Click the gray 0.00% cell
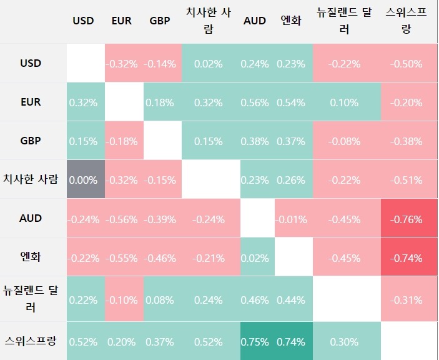83,180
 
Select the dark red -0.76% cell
406,219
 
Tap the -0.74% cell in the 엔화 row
406,258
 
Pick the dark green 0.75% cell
255,341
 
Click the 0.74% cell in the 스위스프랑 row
291,341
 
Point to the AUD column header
255,21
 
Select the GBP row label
31,141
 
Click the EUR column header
121,21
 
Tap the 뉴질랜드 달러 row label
31,299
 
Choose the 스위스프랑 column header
406,21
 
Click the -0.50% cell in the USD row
406,63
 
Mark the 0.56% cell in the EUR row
255,102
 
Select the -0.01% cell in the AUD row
291,219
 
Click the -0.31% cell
406,300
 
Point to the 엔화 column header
291,21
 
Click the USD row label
31,63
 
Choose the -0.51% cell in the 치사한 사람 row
406,180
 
